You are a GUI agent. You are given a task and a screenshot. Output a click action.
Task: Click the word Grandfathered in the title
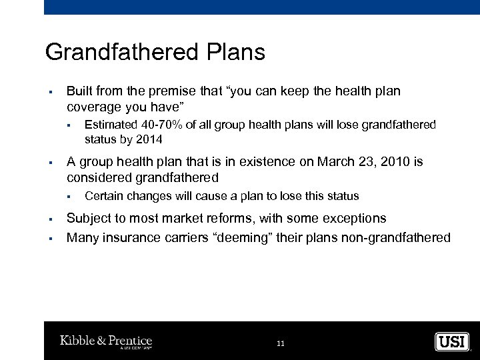coord(118,52)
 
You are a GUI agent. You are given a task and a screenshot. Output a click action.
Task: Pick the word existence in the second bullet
coord(269,162)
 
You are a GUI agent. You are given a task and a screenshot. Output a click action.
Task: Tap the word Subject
coord(89,219)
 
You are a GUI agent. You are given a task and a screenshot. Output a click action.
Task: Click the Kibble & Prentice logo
coord(106,341)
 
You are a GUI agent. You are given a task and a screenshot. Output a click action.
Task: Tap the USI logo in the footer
coord(452,341)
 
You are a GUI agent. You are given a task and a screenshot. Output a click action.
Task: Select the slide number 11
coord(280,343)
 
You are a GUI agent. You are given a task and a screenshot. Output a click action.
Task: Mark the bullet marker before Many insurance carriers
coord(51,238)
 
